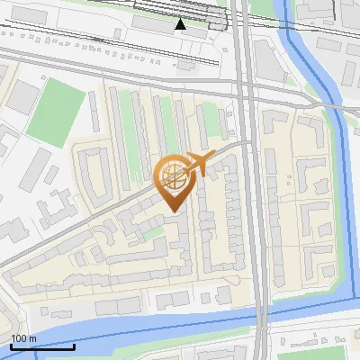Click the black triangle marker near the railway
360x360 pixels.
coord(181,24)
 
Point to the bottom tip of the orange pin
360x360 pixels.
coord(172,211)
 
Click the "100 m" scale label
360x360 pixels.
coord(24,338)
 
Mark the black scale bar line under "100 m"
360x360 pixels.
coord(42,346)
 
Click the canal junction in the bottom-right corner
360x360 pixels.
coord(346,297)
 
